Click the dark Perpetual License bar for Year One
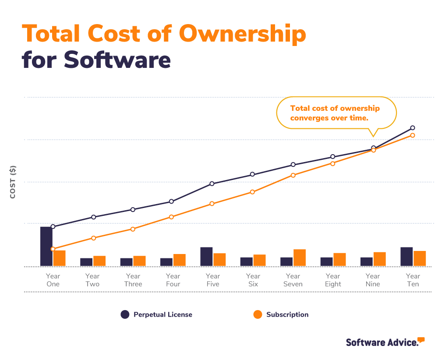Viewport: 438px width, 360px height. click(46, 246)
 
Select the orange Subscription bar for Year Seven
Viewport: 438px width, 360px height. click(300, 258)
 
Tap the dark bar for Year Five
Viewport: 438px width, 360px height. click(206, 256)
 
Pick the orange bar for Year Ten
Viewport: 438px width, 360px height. click(420, 258)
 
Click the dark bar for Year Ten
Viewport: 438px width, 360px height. click(406, 256)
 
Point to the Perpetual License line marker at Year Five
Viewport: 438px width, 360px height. click(212, 184)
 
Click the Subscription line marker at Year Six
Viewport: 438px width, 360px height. click(252, 192)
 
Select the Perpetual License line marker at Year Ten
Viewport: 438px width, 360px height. click(413, 127)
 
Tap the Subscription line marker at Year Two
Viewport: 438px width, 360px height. click(94, 238)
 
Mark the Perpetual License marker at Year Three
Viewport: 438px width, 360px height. click(133, 209)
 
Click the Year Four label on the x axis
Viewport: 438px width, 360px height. click(173, 280)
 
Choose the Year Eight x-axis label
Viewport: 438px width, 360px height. click(333, 280)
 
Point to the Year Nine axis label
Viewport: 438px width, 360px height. click(373, 280)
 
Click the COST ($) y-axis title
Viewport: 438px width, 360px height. click(13, 182)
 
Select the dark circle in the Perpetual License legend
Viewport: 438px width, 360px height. click(125, 314)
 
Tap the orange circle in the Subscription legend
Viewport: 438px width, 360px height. click(258, 314)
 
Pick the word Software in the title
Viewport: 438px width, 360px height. click(117, 60)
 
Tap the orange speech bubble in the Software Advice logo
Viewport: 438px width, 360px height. click(421, 340)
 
